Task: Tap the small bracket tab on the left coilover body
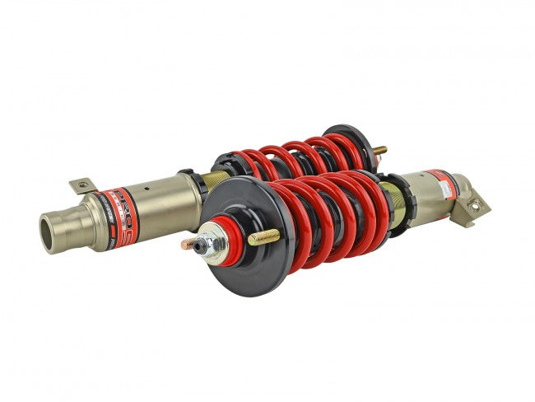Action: pyautogui.click(x=81, y=186)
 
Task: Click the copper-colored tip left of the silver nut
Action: pyautogui.click(x=188, y=245)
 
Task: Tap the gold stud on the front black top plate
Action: pyautogui.click(x=263, y=238)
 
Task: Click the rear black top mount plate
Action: pyautogui.click(x=350, y=140)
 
